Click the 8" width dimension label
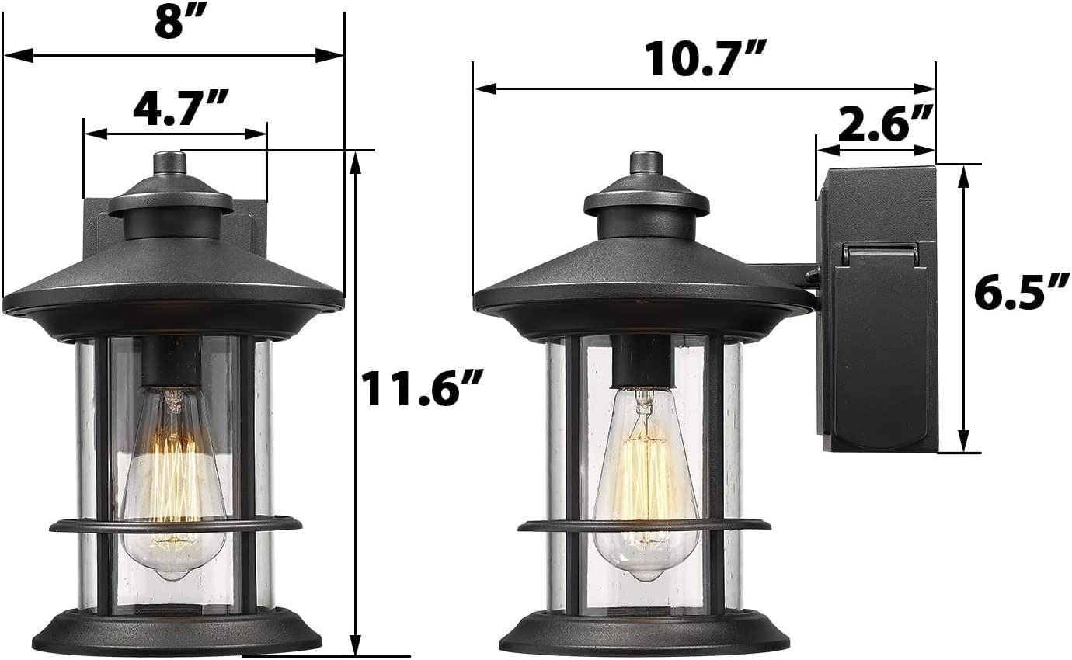click(176, 23)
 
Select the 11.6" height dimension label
click(420, 388)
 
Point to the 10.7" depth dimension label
click(706, 58)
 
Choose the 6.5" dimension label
click(1022, 292)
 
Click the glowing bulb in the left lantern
click(172, 483)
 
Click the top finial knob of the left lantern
click(170, 164)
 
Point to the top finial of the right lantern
click(646, 164)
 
